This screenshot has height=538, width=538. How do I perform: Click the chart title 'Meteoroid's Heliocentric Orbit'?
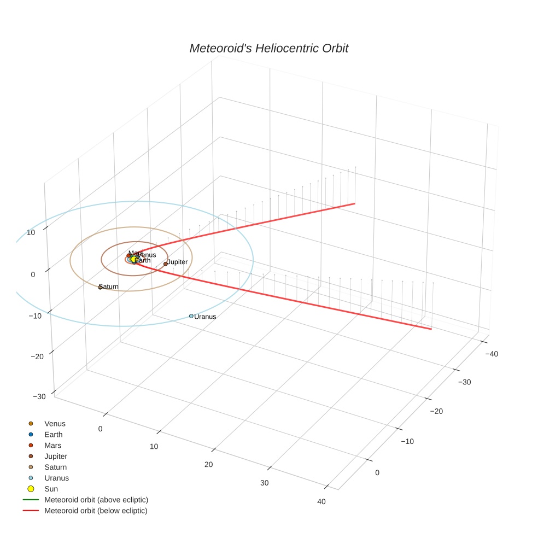point(268,49)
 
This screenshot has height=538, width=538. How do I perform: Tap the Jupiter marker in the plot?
point(166,264)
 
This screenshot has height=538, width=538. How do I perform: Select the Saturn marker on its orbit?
point(100,287)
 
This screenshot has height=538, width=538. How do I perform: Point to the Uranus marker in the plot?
point(191,316)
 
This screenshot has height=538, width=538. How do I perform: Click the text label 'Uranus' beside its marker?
point(206,317)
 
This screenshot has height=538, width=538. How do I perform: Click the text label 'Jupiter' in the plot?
point(178,262)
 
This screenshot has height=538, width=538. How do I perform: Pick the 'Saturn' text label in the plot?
point(109,287)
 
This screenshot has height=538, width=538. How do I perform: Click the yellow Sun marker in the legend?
point(31,489)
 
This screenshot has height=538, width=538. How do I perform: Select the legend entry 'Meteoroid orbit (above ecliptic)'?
point(96,500)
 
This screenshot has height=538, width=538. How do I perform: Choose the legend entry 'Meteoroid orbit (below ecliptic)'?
point(96,511)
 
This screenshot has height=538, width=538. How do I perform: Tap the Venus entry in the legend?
point(55,424)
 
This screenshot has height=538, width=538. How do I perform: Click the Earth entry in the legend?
point(54,435)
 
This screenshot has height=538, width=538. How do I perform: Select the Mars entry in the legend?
point(53,446)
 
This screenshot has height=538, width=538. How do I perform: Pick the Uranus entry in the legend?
point(56,478)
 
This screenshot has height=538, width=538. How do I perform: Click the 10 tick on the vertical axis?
point(31,232)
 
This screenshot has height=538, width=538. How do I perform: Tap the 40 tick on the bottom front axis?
point(321,502)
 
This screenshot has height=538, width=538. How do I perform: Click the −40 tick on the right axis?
point(492,354)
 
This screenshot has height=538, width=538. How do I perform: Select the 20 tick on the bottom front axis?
point(208,465)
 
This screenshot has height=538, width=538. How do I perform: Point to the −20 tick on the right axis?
point(436,411)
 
